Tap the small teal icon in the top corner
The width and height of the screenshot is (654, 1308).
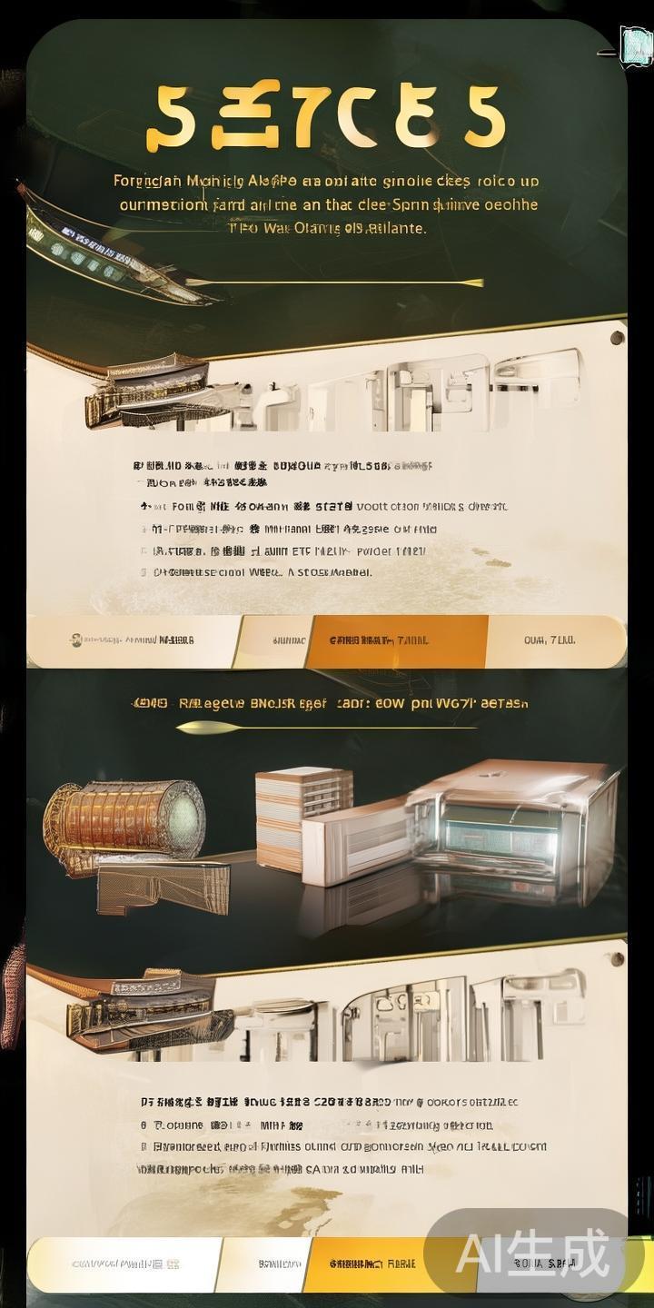(635, 45)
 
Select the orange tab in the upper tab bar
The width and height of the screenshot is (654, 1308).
(398, 640)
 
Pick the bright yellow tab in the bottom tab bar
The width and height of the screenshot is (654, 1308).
(363, 1263)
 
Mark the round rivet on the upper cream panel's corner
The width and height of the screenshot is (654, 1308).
(617, 339)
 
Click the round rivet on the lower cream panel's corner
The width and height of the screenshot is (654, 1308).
(617, 957)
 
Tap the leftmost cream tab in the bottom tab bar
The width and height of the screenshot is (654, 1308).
(123, 1263)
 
